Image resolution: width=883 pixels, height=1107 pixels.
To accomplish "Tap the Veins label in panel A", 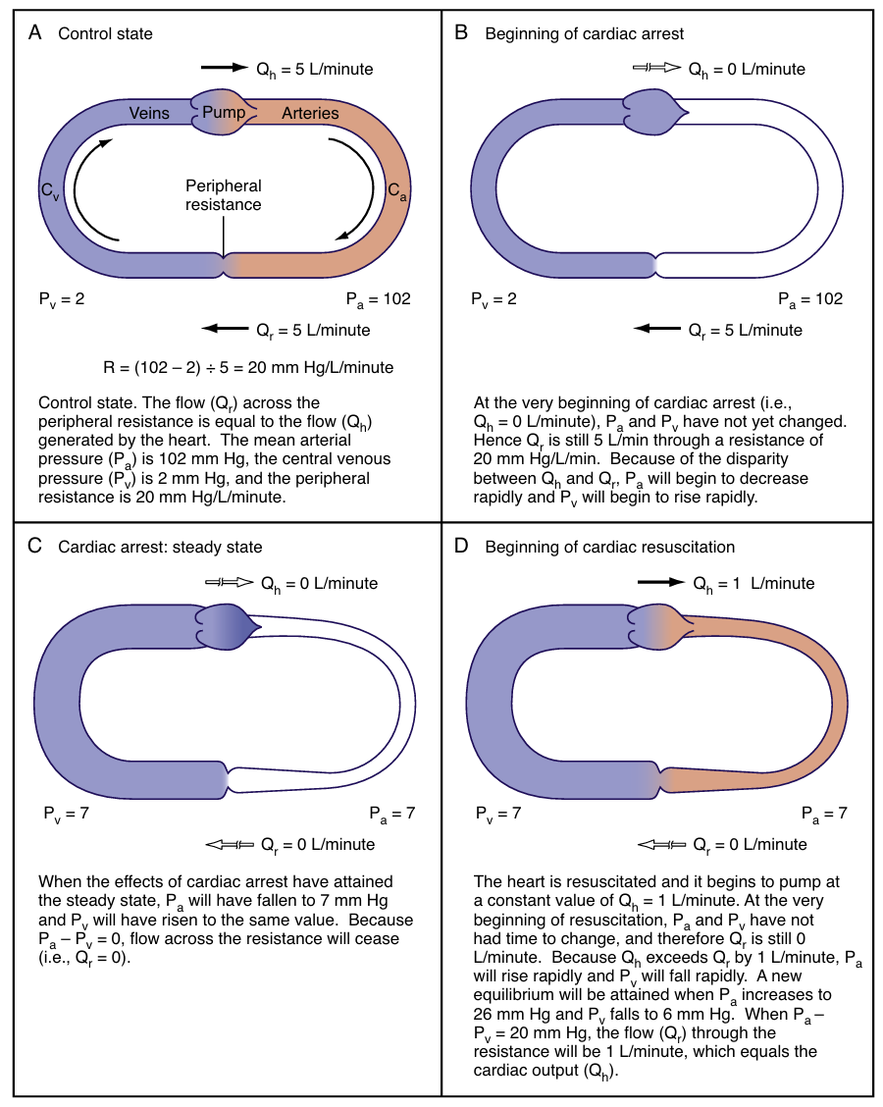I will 149,113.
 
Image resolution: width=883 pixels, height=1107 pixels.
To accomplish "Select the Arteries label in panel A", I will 310,113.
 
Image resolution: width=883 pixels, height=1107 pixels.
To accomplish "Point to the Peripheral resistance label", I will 226,195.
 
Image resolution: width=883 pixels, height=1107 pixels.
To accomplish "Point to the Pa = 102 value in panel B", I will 810,298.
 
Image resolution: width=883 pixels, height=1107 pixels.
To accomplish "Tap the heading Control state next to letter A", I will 105,33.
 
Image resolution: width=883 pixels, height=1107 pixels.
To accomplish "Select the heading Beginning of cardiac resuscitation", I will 609,547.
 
